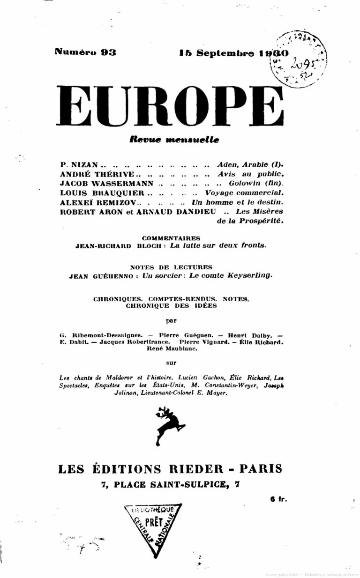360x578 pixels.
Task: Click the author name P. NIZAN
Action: pyautogui.click(x=79, y=165)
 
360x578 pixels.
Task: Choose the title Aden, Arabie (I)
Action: pyautogui.click(x=250, y=165)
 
